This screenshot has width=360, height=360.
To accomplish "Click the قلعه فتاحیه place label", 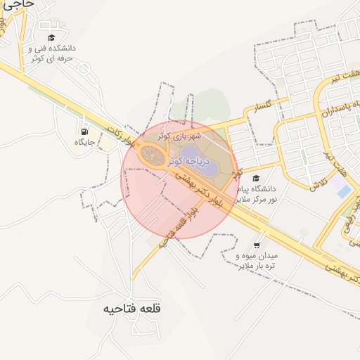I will click(132, 309).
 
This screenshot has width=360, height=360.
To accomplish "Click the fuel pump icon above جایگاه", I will click(84, 131).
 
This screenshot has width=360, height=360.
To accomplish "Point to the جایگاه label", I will click(84, 142).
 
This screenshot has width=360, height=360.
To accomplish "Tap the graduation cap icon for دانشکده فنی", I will click(51, 38).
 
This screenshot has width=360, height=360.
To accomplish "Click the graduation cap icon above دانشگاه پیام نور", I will click(256, 179).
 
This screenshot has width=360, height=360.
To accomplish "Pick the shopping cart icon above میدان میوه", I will click(256, 246).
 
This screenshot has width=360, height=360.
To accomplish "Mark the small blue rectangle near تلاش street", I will click(343, 191).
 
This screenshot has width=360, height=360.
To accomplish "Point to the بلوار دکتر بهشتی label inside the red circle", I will click(207, 189).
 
